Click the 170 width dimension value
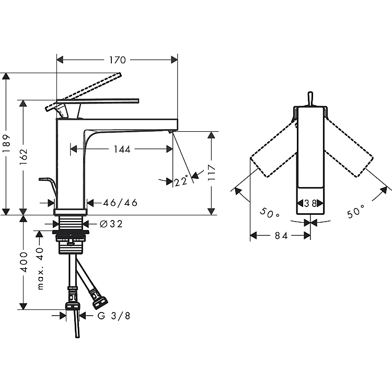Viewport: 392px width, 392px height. (118, 60)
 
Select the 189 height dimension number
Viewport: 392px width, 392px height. (7, 144)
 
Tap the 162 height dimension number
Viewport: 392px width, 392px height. (24, 157)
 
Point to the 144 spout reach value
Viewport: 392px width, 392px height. (122, 149)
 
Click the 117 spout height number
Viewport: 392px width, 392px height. (212, 172)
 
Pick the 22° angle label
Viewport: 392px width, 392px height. (181, 181)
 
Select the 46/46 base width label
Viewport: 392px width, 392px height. (120, 203)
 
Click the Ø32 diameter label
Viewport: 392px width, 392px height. (111, 224)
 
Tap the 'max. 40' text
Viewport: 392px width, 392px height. (40, 269)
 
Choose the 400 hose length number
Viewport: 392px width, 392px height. (24, 262)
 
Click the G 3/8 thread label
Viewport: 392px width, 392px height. (114, 316)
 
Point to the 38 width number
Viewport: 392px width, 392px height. (310, 203)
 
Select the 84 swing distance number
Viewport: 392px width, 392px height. (281, 236)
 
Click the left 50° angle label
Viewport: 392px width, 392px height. (269, 213)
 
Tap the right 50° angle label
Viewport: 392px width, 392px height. (355, 212)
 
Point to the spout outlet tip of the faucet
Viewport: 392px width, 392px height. (170, 131)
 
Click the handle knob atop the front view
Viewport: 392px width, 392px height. (310, 99)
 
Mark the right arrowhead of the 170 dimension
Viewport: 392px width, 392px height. (174, 60)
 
